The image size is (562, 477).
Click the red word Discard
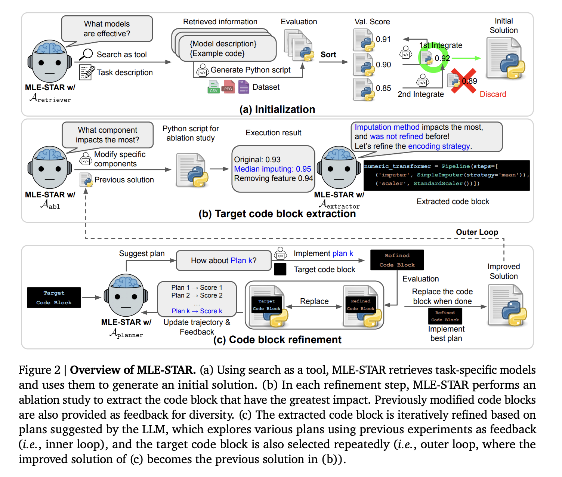pyautogui.click(x=492, y=94)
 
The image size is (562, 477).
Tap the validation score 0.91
pyautogui.click(x=383, y=39)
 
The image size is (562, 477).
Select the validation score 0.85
pyautogui.click(x=383, y=88)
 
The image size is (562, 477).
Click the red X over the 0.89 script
pyautogui.click(x=463, y=80)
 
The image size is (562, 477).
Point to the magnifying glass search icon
pyautogui.click(x=86, y=54)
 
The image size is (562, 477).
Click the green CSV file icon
pyautogui.click(x=213, y=87)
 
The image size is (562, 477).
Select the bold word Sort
pyautogui.click(x=328, y=55)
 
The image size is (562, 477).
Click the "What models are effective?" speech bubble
pyautogui.click(x=107, y=29)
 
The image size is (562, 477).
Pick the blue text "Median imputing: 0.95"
pyautogui.click(x=272, y=169)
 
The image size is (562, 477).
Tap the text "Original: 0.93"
pyautogui.click(x=257, y=160)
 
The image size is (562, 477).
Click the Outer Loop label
pyautogui.click(x=477, y=232)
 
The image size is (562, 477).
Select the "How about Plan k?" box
pyautogui.click(x=223, y=261)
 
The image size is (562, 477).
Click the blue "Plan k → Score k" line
pyautogui.click(x=197, y=311)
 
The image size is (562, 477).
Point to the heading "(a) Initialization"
pyautogui.click(x=277, y=109)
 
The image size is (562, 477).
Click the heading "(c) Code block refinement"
pyautogui.click(x=277, y=339)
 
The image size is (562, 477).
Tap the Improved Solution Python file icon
pyautogui.click(x=507, y=305)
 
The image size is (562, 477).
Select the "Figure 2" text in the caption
pyautogui.click(x=39, y=370)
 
